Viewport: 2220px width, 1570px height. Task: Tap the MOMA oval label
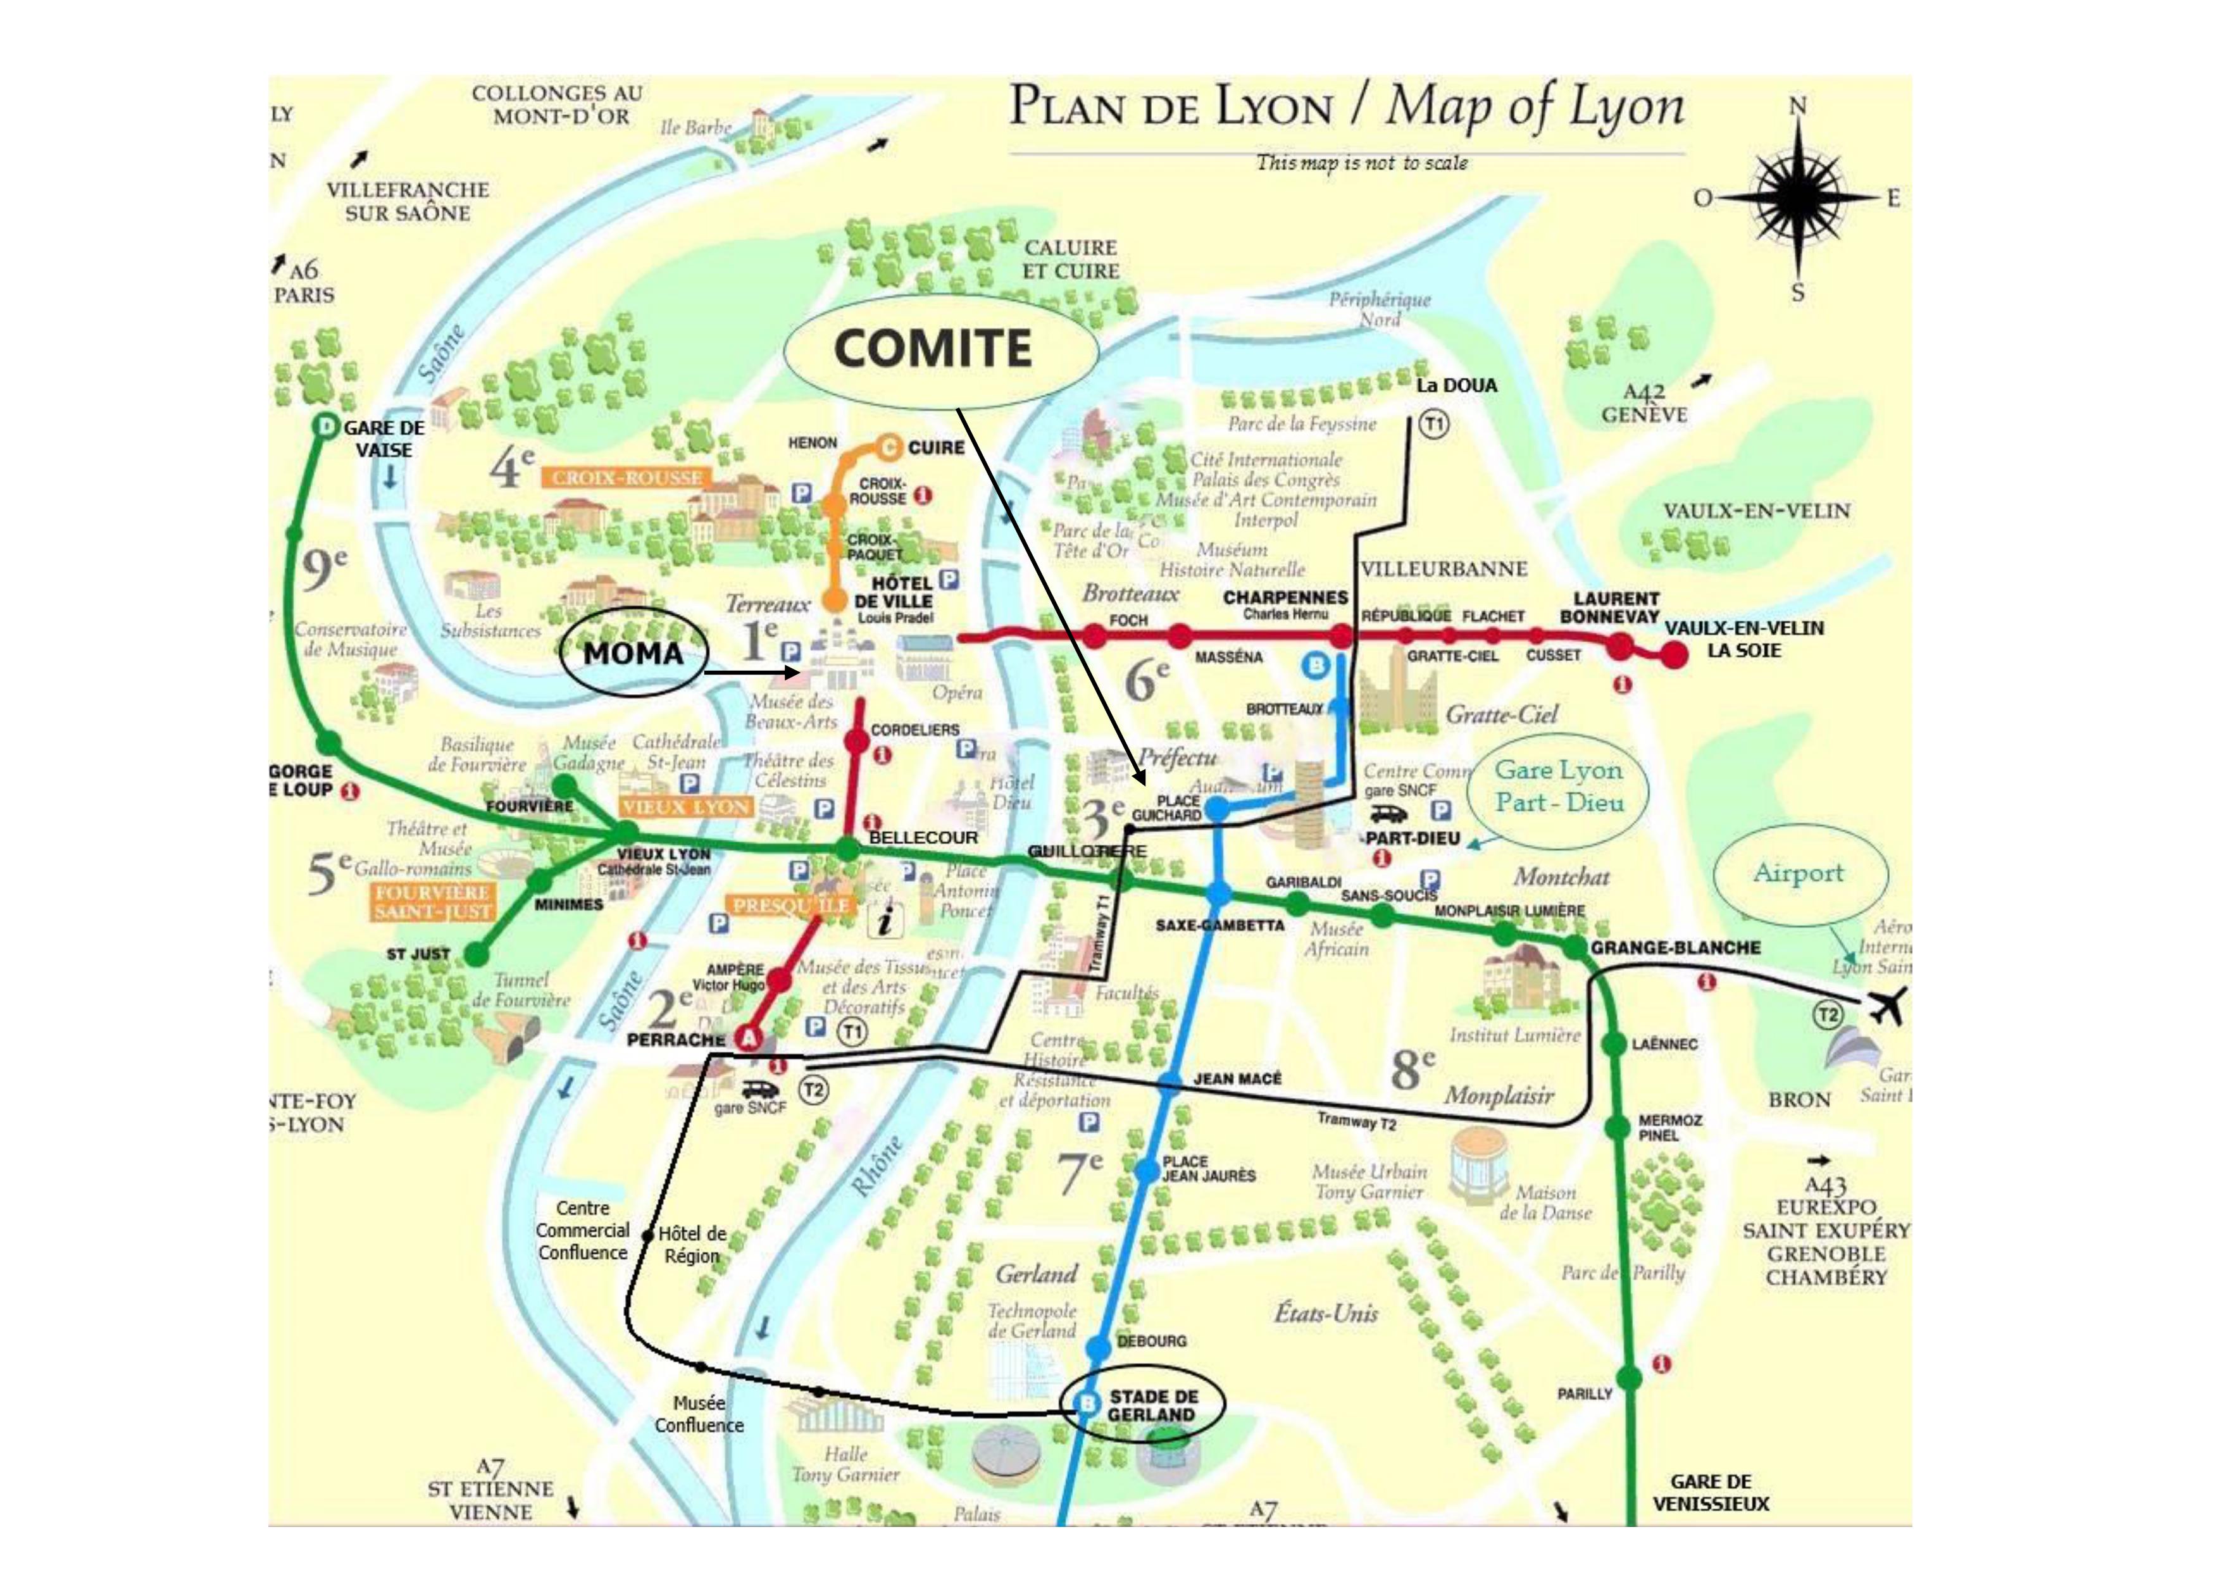pyautogui.click(x=634, y=654)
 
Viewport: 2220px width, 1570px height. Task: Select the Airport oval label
pyautogui.click(x=1799, y=873)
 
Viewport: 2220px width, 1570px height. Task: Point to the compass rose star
pyautogui.click(x=1797, y=198)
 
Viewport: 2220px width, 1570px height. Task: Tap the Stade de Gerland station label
pyautogui.click(x=1152, y=1405)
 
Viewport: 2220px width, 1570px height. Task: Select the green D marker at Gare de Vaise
pyautogui.click(x=327, y=427)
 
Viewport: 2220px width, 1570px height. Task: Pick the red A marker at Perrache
pyautogui.click(x=749, y=1038)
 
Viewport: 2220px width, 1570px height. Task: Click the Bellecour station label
pyautogui.click(x=923, y=837)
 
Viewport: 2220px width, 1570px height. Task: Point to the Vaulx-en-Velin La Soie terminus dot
pyautogui.click(x=1674, y=654)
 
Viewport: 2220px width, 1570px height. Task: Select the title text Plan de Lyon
pyautogui.click(x=1171, y=108)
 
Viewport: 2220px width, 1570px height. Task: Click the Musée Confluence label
pyautogui.click(x=699, y=1414)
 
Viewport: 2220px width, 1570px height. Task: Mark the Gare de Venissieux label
pyautogui.click(x=1711, y=1493)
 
